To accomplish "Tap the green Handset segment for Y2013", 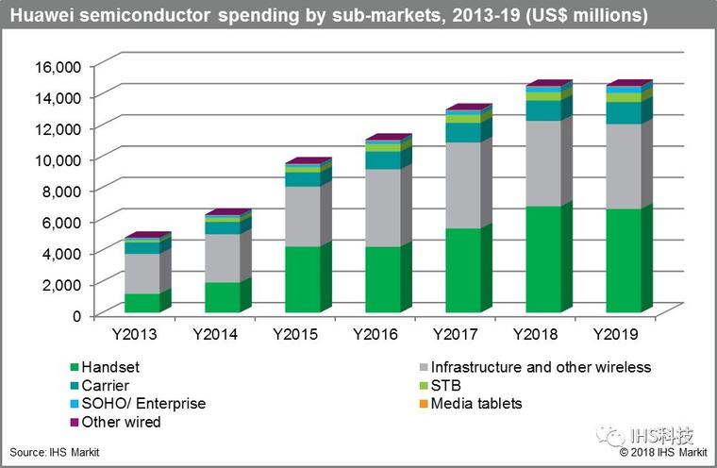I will (x=142, y=303).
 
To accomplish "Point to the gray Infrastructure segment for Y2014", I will (x=222, y=258).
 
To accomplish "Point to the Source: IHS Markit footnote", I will (x=55, y=453).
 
